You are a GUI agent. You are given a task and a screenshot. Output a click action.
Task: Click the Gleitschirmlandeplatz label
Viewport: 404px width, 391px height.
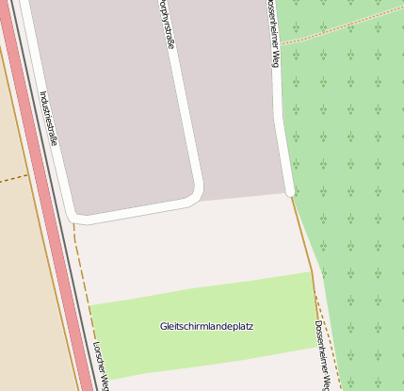click(x=206, y=327)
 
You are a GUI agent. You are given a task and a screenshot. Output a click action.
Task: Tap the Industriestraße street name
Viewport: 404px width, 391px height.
click(x=49, y=118)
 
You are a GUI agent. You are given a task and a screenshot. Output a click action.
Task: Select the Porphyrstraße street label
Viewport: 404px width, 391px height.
click(x=166, y=23)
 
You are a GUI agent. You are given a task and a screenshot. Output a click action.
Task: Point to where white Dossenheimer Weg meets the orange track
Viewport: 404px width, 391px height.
click(x=291, y=195)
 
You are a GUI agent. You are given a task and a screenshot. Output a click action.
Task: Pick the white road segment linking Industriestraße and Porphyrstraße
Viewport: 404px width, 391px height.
click(x=141, y=208)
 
